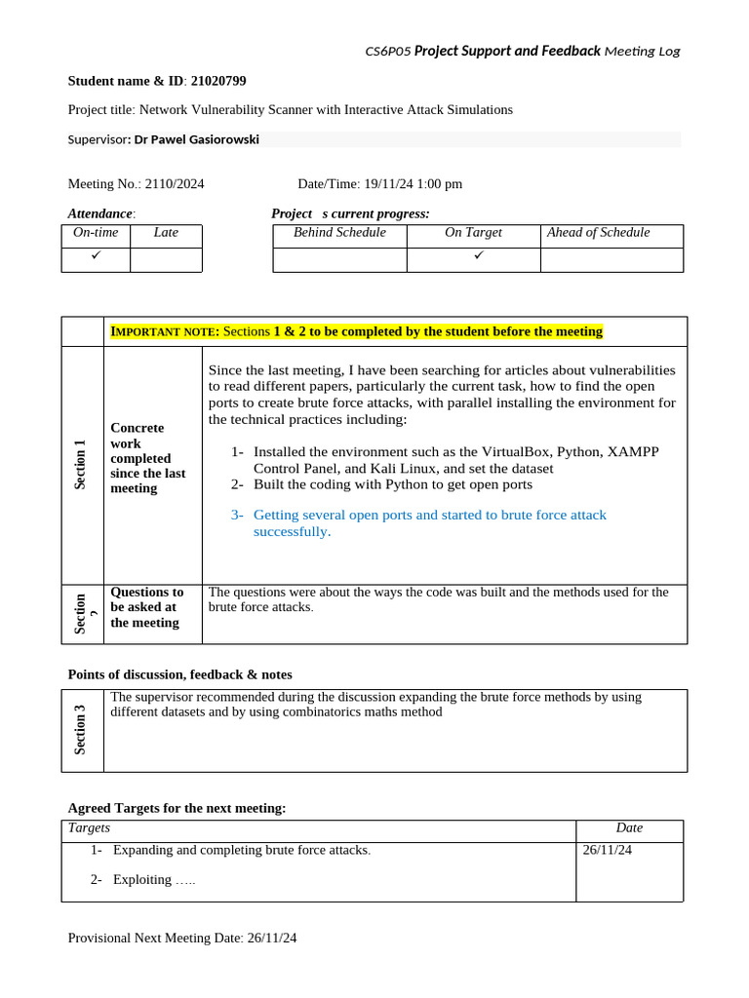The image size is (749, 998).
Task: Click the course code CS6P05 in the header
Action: click(x=387, y=51)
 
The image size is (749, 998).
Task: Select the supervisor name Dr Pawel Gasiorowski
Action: click(x=197, y=139)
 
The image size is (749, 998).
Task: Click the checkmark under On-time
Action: click(x=96, y=255)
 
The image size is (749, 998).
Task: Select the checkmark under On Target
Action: click(x=478, y=255)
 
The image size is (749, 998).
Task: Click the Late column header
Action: click(x=166, y=233)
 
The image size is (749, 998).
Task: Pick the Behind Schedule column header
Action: click(x=339, y=233)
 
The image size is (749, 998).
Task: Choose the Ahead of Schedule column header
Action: click(x=598, y=233)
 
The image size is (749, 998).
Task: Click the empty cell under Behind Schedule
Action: click(x=339, y=259)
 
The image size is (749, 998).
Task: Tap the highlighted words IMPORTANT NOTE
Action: click(x=165, y=332)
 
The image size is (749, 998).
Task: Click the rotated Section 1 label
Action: click(x=81, y=464)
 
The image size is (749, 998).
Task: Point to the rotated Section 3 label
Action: click(x=81, y=729)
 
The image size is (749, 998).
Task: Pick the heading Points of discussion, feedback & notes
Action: click(x=179, y=674)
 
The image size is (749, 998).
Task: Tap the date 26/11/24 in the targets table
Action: click(x=608, y=850)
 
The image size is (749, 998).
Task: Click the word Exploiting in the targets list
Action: click(x=142, y=880)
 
